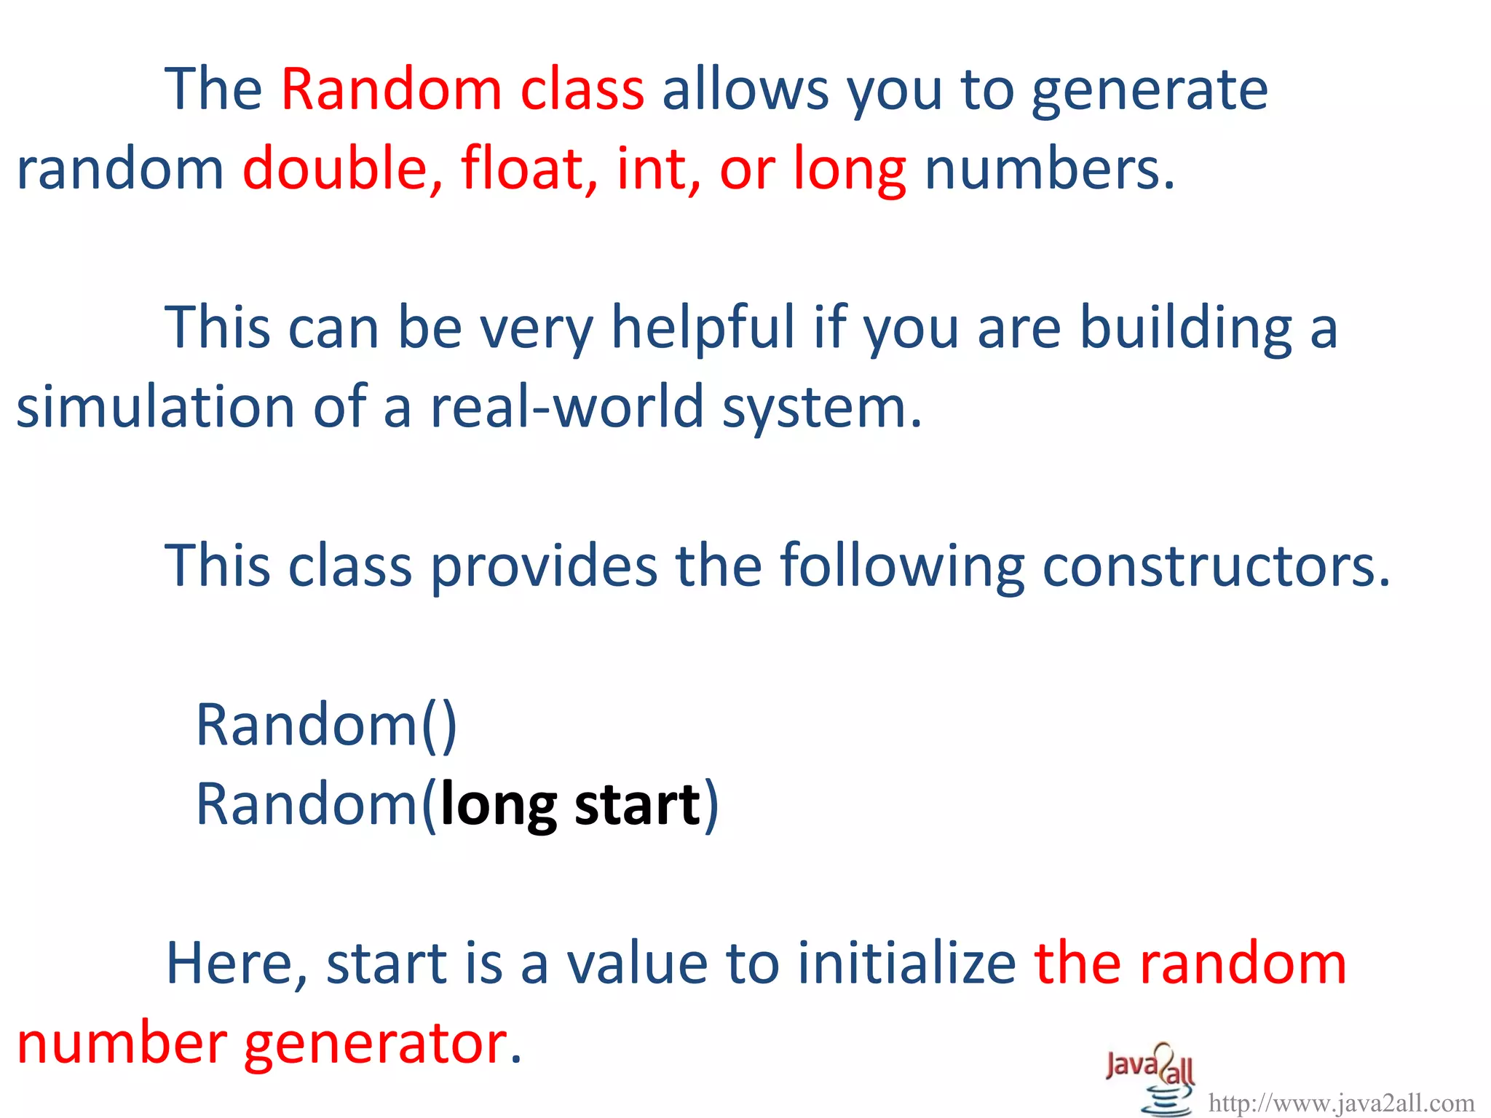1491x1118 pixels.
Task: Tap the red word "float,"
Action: pyautogui.click(x=529, y=168)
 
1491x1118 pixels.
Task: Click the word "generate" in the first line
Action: pyautogui.click(x=1150, y=91)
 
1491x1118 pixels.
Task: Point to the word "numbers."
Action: pyautogui.click(x=1049, y=168)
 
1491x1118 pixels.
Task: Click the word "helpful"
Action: pyautogui.click(x=703, y=328)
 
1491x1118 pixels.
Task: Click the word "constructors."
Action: pyautogui.click(x=1216, y=566)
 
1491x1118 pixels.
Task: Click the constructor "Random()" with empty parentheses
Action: pyautogui.click(x=326, y=725)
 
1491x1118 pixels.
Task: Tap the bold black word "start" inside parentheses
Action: pyautogui.click(x=637, y=804)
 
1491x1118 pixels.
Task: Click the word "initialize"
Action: pyautogui.click(x=906, y=963)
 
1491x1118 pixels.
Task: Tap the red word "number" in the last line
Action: pyautogui.click(x=122, y=1042)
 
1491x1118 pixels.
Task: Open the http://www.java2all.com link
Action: pyautogui.click(x=1341, y=1103)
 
